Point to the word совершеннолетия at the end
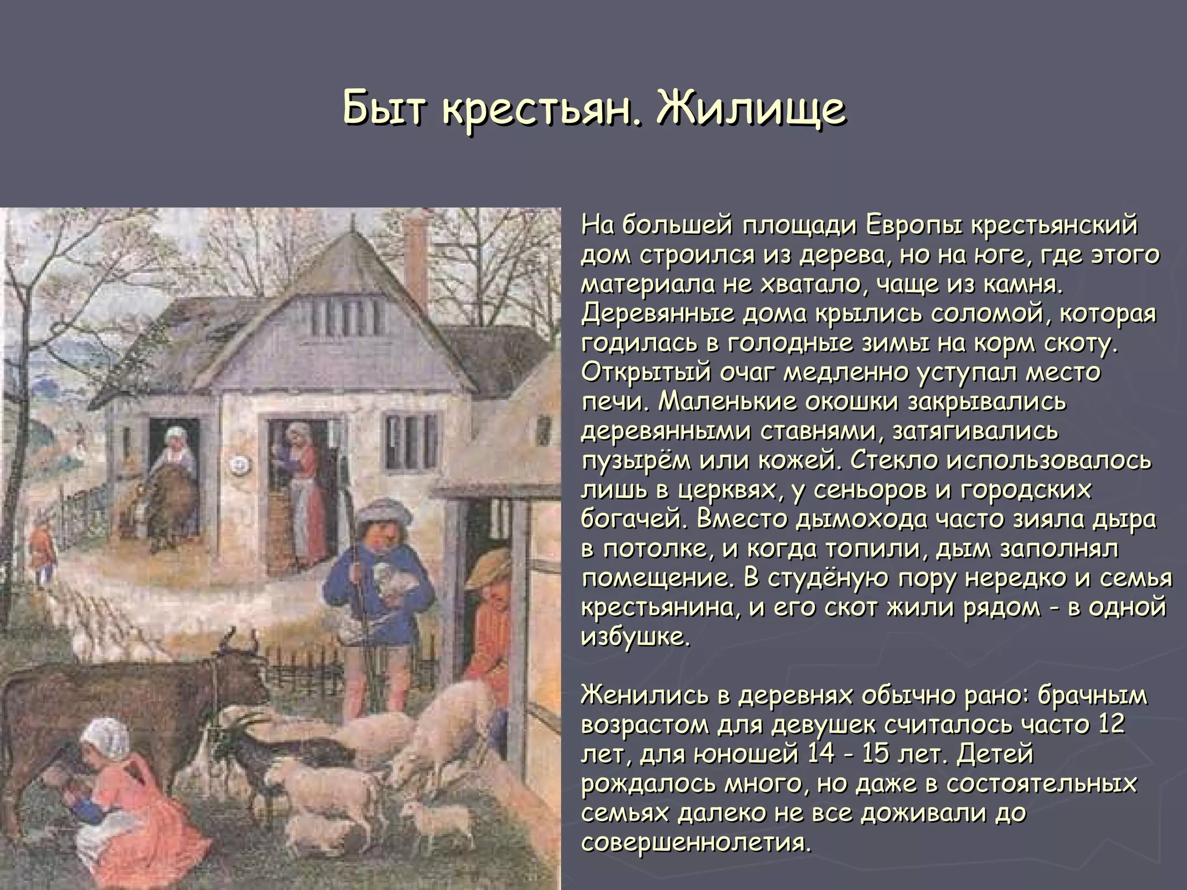pyautogui.click(x=694, y=842)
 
